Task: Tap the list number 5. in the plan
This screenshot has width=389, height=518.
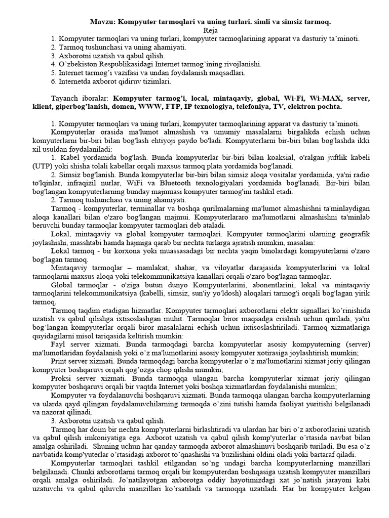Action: (54, 73)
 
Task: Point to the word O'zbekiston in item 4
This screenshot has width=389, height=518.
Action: (81, 64)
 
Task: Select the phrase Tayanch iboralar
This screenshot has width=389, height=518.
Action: (81, 98)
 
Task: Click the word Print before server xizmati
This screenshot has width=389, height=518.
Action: (61, 362)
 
